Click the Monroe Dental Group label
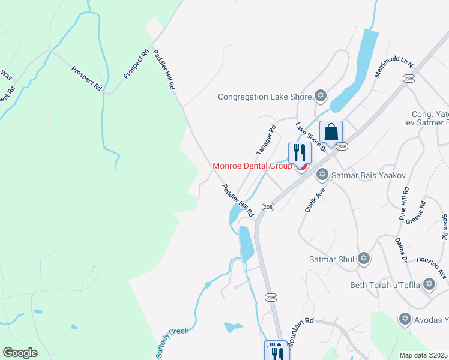252,166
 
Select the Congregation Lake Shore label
265,97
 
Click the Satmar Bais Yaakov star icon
322,175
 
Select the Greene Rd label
416,212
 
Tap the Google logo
20,353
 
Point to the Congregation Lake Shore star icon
321,96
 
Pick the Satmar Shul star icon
363,259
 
